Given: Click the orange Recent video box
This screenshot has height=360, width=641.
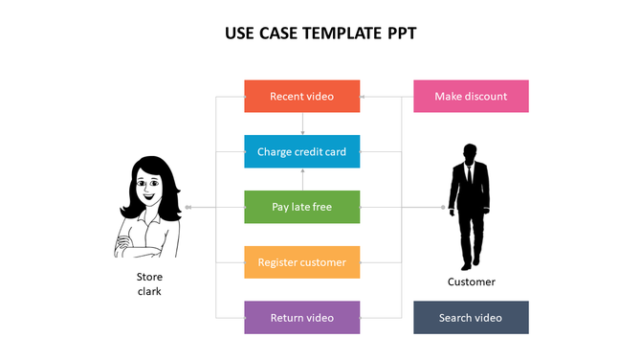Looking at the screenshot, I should tap(302, 96).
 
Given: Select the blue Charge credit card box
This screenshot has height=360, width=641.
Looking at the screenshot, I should tap(302, 151).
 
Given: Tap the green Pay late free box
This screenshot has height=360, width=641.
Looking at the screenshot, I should tap(302, 207).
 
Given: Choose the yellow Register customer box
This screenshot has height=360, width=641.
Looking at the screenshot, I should tap(302, 262).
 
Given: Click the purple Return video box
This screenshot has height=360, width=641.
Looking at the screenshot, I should tap(302, 317).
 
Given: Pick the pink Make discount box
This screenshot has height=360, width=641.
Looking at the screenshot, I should tap(471, 96).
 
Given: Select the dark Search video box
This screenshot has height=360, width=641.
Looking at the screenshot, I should tap(471, 317).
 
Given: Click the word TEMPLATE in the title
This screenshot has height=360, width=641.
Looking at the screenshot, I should tap(338, 34).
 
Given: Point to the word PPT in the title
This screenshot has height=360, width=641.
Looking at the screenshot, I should tap(401, 34).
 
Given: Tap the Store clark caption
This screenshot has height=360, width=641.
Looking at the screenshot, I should tap(149, 283).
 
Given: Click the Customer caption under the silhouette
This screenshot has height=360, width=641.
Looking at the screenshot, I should tap(472, 281).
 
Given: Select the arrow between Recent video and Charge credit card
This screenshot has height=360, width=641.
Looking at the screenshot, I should tap(302, 124).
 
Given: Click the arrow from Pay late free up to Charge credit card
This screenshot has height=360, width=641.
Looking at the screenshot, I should tap(302, 179).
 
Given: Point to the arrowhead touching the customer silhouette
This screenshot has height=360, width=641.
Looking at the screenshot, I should tap(443, 207).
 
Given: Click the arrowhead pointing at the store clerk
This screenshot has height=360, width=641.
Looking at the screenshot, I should tap(188, 207).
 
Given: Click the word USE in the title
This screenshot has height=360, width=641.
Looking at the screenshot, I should tap(239, 34).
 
